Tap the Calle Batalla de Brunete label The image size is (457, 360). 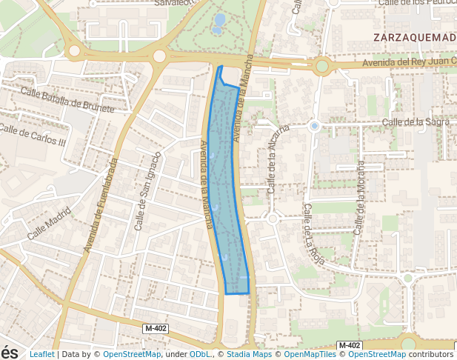[68, 100]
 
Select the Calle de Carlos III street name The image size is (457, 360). [33, 135]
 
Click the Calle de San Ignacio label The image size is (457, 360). [147, 191]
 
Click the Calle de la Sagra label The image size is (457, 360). [416, 121]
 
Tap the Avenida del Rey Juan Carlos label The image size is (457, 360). [408, 63]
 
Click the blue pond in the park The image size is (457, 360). [219, 23]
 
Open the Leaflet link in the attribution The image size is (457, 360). [41, 355]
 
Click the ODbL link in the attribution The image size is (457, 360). [201, 355]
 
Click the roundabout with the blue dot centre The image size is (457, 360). [315, 126]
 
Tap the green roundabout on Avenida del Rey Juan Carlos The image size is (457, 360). [321, 67]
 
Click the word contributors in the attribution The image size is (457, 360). [431, 355]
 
